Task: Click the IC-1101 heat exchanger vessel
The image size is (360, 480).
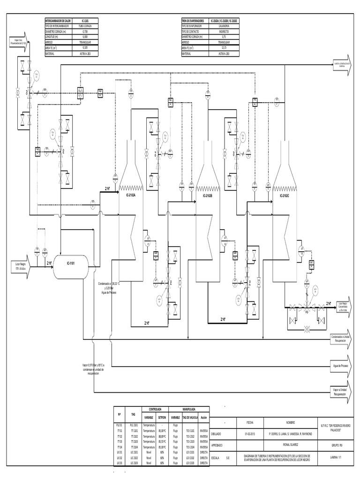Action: point(70,264)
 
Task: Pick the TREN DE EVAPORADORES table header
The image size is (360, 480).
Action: point(195,21)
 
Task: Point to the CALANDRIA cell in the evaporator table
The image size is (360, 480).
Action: point(224,26)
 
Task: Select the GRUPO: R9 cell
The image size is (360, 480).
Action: point(337,445)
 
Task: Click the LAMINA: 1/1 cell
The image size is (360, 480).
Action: point(337,456)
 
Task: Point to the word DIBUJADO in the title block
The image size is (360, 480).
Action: point(219,434)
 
